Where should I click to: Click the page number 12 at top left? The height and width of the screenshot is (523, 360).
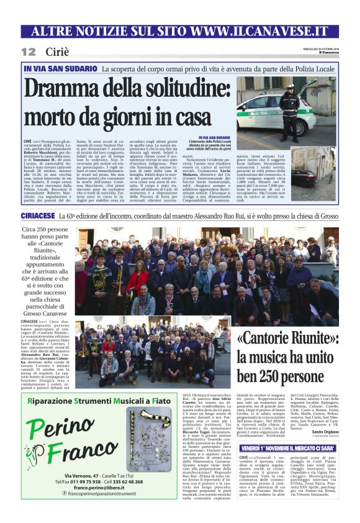tap(27, 52)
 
